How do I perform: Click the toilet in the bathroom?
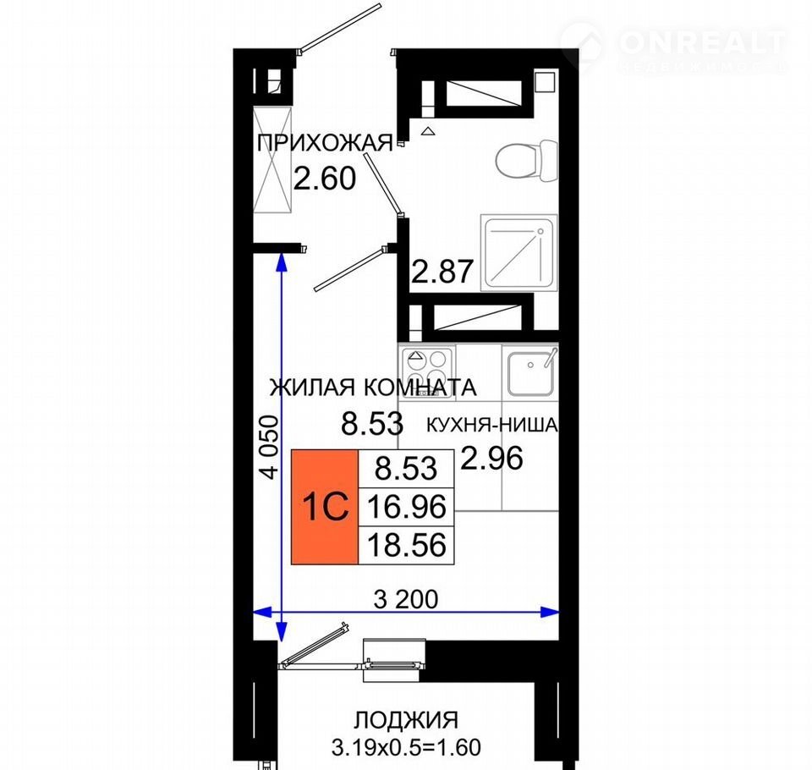tap(527, 161)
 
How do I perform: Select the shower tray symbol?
tap(518, 253)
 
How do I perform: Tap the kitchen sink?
tap(530, 372)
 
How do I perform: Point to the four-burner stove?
tap(427, 372)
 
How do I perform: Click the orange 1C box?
tap(325, 507)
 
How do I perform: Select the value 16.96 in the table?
tap(407, 507)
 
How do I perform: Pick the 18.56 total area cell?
tap(407, 545)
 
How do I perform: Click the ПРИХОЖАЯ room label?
tap(325, 142)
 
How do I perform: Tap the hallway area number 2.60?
tap(325, 178)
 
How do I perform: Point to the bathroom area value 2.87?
tap(442, 271)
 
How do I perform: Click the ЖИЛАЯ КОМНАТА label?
tap(373, 388)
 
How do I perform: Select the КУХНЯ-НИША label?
tap(492, 425)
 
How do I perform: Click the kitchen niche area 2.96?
tap(492, 458)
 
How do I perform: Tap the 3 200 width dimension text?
tap(406, 599)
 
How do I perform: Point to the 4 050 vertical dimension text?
tap(271, 446)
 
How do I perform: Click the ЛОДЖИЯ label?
tap(406, 720)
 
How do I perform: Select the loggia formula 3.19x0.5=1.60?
tap(406, 747)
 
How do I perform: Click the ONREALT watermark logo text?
tap(702, 43)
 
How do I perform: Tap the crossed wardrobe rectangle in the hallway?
tap(272, 160)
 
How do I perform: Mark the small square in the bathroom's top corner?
tap(545, 82)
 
